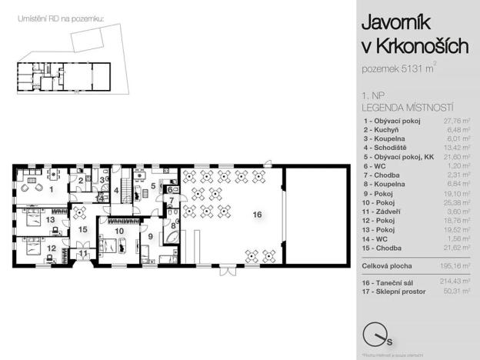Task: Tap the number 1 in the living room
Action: click(x=52, y=188)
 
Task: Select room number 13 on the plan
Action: click(x=50, y=220)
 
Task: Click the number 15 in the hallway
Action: click(x=82, y=228)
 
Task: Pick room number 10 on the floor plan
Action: click(x=119, y=231)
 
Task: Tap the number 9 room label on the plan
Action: click(x=151, y=237)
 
